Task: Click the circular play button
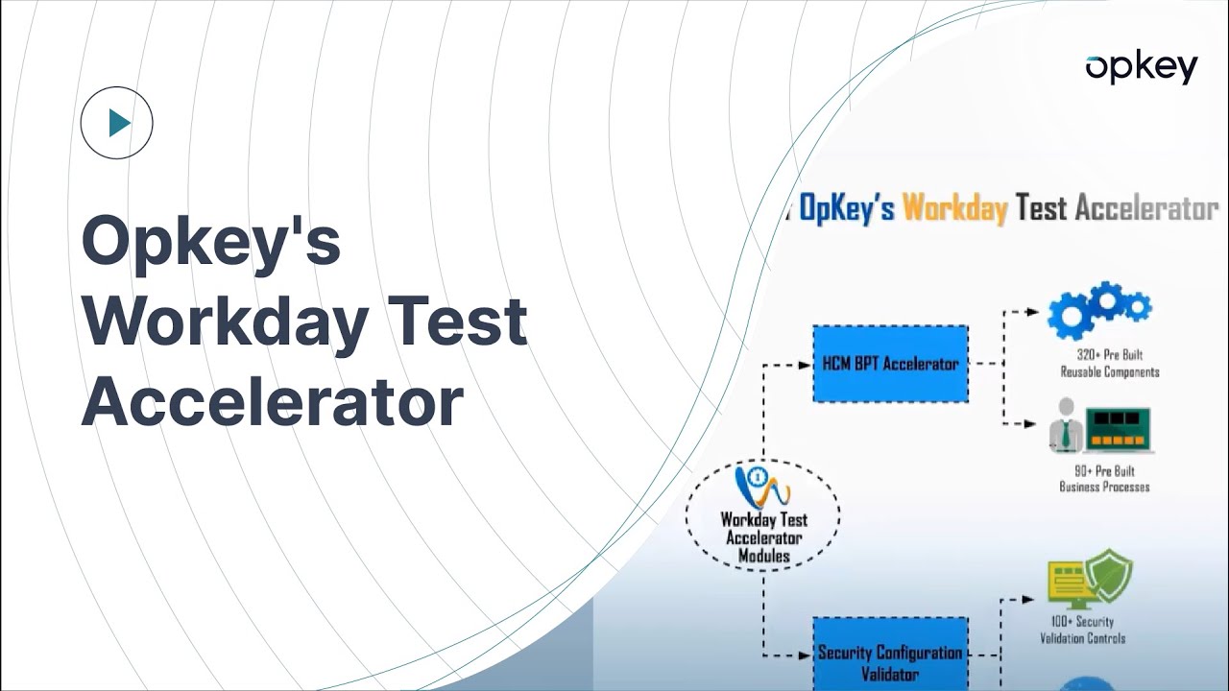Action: tap(117, 123)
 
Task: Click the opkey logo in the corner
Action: tap(1141, 68)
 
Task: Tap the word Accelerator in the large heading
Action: tap(273, 403)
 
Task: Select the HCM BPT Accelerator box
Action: tap(890, 364)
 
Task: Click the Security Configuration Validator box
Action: tap(890, 662)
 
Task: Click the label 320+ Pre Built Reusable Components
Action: tap(1109, 364)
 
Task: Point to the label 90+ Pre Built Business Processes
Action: tap(1104, 479)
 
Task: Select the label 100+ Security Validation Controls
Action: tap(1082, 630)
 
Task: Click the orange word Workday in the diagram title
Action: tap(954, 207)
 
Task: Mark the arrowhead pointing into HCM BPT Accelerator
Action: tap(807, 365)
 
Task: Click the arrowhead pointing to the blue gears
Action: tap(1033, 312)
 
